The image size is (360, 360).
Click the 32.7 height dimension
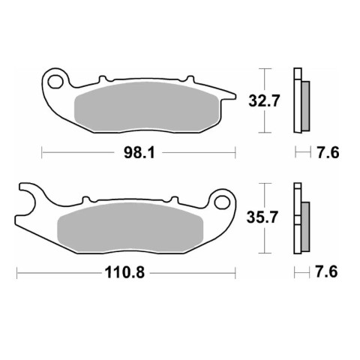[x=263, y=101]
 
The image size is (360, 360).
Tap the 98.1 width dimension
[x=139, y=152]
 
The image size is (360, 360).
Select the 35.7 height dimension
[x=262, y=217]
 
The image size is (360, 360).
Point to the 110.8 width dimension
[x=124, y=272]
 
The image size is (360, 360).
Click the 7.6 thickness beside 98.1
[x=328, y=152]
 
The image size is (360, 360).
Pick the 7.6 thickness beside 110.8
[x=326, y=271]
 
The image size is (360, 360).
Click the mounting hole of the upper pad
[x=55, y=82]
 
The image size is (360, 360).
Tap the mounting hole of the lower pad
[x=222, y=202]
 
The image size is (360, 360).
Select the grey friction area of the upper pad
[x=147, y=107]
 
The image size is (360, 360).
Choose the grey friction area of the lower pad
[x=130, y=227]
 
